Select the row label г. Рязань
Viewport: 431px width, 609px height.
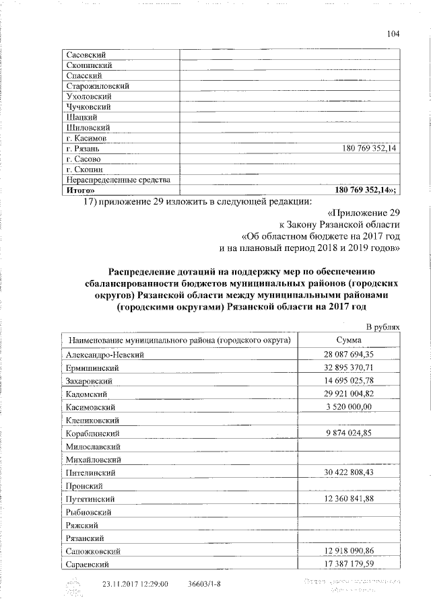pos(84,148)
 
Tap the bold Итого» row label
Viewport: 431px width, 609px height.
pos(80,190)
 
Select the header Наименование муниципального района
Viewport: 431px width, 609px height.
pos(178,341)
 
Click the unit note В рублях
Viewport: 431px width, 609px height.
pos(383,327)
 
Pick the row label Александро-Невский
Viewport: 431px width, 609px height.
pos(106,354)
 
